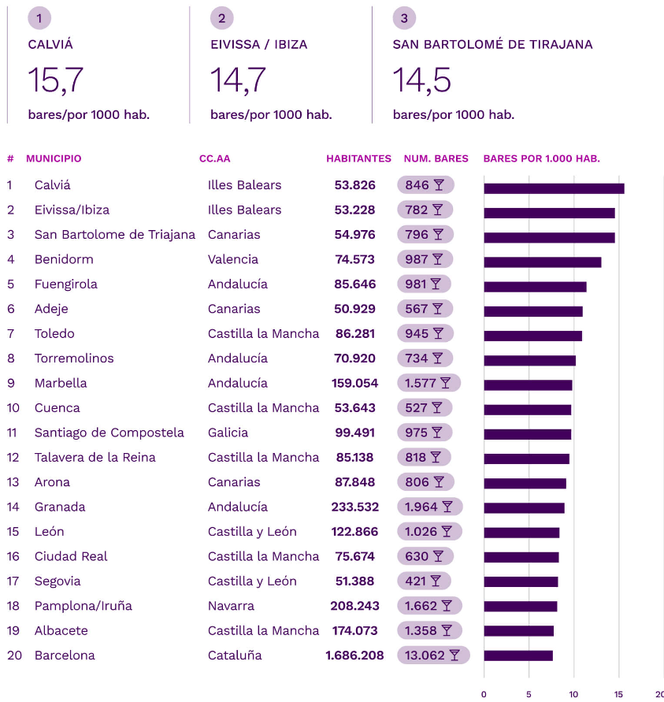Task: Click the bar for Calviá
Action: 554,188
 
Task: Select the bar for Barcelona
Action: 518,656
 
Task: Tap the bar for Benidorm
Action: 543,262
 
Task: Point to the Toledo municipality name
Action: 54,333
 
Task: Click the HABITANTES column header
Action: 358,158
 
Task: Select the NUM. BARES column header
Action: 436,158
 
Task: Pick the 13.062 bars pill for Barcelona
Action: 433,656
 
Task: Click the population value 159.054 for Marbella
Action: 354,383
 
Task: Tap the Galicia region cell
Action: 228,433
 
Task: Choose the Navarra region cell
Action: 231,606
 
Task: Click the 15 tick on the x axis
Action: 618,694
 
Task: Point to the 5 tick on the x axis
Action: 529,694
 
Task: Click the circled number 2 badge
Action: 222,18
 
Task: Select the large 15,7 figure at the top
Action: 55,80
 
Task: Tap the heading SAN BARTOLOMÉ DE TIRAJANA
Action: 492,45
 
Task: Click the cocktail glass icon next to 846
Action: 439,185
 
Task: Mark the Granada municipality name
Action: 60,507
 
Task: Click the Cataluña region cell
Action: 235,656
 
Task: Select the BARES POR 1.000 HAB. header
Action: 541,158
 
